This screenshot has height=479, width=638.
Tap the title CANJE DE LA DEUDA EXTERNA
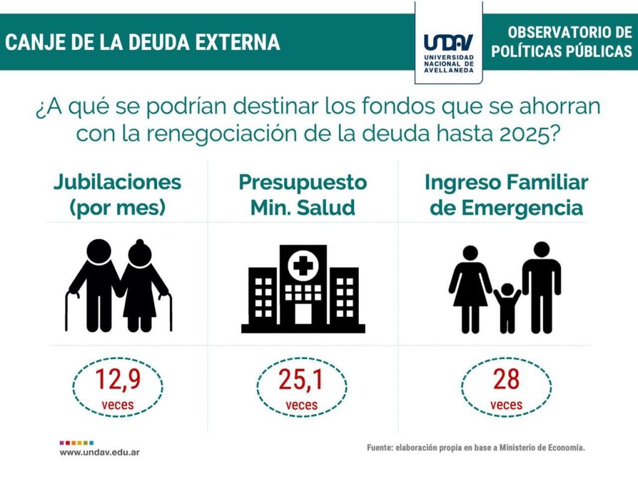coord(143,42)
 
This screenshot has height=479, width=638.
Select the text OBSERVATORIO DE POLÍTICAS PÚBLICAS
coord(561,42)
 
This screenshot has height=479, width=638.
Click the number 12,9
coord(117,380)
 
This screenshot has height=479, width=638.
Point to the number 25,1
coord(302,380)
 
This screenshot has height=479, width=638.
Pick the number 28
coord(506,380)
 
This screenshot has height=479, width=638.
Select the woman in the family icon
coord(470,287)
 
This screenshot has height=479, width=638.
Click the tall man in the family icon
coord(541,284)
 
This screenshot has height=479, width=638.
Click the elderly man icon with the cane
coord(93,284)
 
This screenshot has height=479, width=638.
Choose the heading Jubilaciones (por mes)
coord(117,195)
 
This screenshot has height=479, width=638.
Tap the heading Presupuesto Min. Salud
coord(303,195)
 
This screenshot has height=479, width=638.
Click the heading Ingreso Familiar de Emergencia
coord(506,195)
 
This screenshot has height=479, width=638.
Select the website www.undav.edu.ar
coord(100,452)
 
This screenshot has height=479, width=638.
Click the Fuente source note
coord(476,448)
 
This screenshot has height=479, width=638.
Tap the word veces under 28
coord(506,405)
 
